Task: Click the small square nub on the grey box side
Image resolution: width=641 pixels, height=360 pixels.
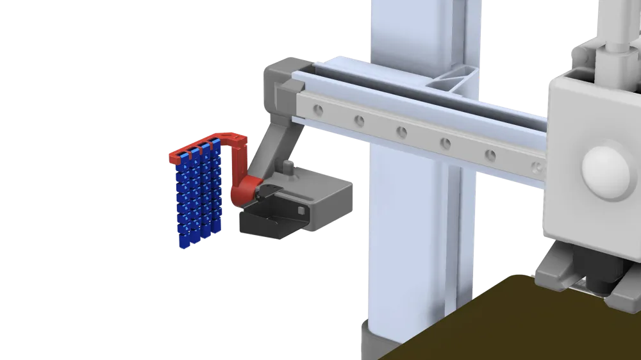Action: click(301, 211)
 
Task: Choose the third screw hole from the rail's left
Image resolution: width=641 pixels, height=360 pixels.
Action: click(401, 132)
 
